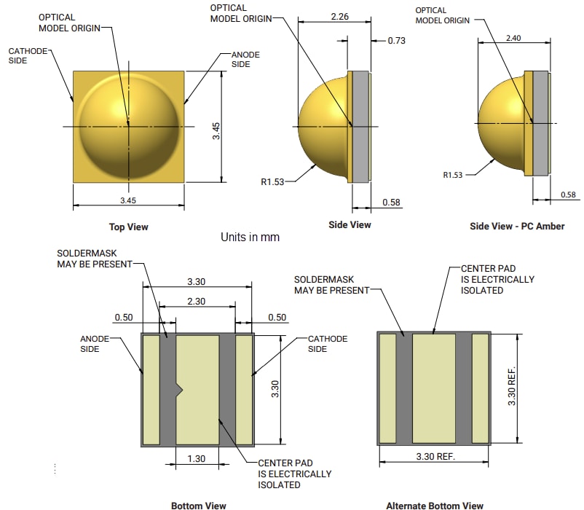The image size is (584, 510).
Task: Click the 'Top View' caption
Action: (128, 227)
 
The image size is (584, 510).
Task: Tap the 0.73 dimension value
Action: (396, 41)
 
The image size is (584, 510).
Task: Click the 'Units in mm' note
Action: (250, 238)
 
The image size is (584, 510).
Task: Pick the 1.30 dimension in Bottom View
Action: (197, 458)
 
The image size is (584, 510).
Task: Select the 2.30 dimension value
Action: (196, 301)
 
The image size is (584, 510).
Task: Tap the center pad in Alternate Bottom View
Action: (433, 388)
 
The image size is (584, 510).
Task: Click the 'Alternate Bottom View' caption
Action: (435, 505)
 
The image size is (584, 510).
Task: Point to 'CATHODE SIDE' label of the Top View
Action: (28, 55)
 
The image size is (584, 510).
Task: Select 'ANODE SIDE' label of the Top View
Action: (245, 59)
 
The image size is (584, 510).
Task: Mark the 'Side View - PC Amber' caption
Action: (517, 227)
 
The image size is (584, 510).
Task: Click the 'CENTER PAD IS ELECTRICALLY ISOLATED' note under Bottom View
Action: (294, 474)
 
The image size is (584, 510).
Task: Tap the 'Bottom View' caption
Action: (198, 505)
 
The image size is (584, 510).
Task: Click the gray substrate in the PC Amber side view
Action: (540, 122)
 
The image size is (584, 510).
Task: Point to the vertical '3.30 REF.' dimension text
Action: (512, 386)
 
